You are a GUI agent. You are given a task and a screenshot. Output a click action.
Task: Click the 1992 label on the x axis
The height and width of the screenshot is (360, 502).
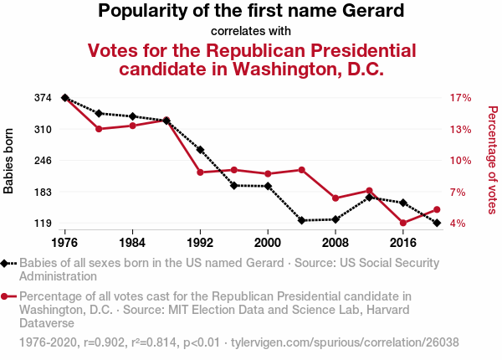200,243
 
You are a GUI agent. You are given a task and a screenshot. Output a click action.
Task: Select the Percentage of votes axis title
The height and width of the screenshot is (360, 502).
493,159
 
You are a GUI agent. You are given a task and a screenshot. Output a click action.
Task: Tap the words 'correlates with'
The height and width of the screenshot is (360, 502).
251,32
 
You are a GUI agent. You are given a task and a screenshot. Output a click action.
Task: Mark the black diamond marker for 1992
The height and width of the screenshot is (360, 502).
200,150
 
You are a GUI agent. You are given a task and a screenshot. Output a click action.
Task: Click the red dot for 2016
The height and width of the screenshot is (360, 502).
403,223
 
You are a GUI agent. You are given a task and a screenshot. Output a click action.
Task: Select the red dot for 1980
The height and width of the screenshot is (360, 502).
99,129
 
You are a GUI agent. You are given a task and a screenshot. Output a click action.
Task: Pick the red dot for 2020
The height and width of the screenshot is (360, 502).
437,209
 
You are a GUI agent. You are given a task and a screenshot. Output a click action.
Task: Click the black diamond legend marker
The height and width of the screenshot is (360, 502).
6,263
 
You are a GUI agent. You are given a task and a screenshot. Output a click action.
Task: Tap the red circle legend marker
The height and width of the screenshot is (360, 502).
6,296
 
